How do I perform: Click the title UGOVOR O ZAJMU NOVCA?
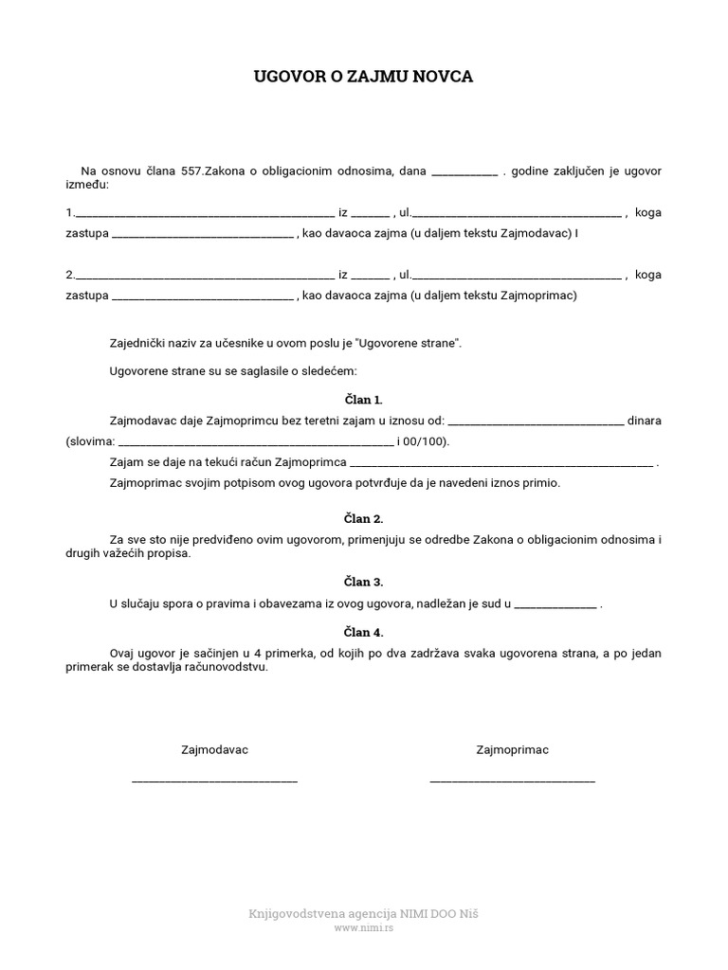pos(363,78)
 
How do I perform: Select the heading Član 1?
pos(364,400)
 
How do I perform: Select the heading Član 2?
pos(364,519)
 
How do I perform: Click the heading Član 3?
pos(364,582)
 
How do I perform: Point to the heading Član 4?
pos(364,632)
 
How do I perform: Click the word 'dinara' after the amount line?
pos(645,421)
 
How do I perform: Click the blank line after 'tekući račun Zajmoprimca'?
pos(501,464)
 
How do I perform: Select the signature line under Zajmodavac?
pos(214,781)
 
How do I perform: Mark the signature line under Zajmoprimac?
pos(512,781)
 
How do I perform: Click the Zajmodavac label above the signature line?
pos(214,750)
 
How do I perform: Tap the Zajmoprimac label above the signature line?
pos(512,750)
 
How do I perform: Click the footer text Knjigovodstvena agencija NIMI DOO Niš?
pos(363,914)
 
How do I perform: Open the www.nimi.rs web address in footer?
pos(363,929)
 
